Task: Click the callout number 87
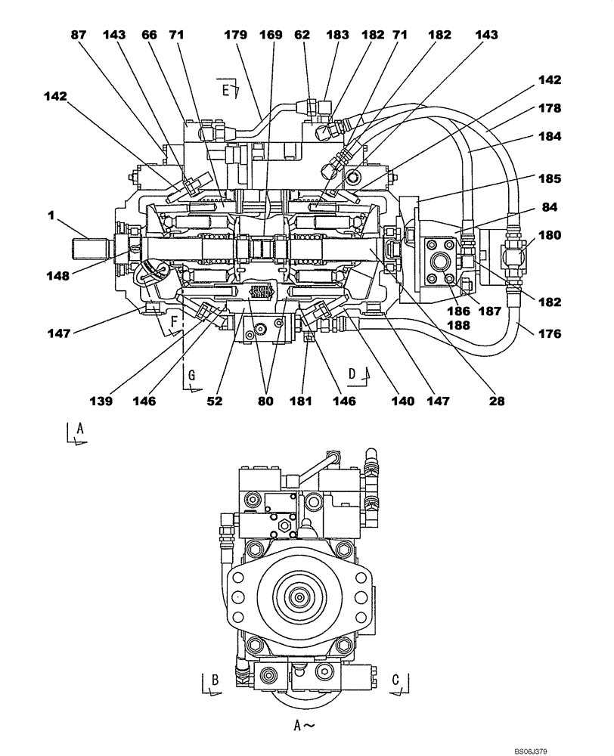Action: (79, 35)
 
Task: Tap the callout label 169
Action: (271, 35)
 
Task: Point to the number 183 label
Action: (337, 35)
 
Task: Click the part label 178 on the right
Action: (550, 108)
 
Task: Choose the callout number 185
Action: (550, 180)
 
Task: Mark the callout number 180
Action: (550, 234)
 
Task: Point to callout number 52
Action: (216, 401)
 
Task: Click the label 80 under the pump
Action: (266, 401)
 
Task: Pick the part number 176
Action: (550, 332)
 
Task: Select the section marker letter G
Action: (191, 376)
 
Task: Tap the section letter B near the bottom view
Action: (215, 680)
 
